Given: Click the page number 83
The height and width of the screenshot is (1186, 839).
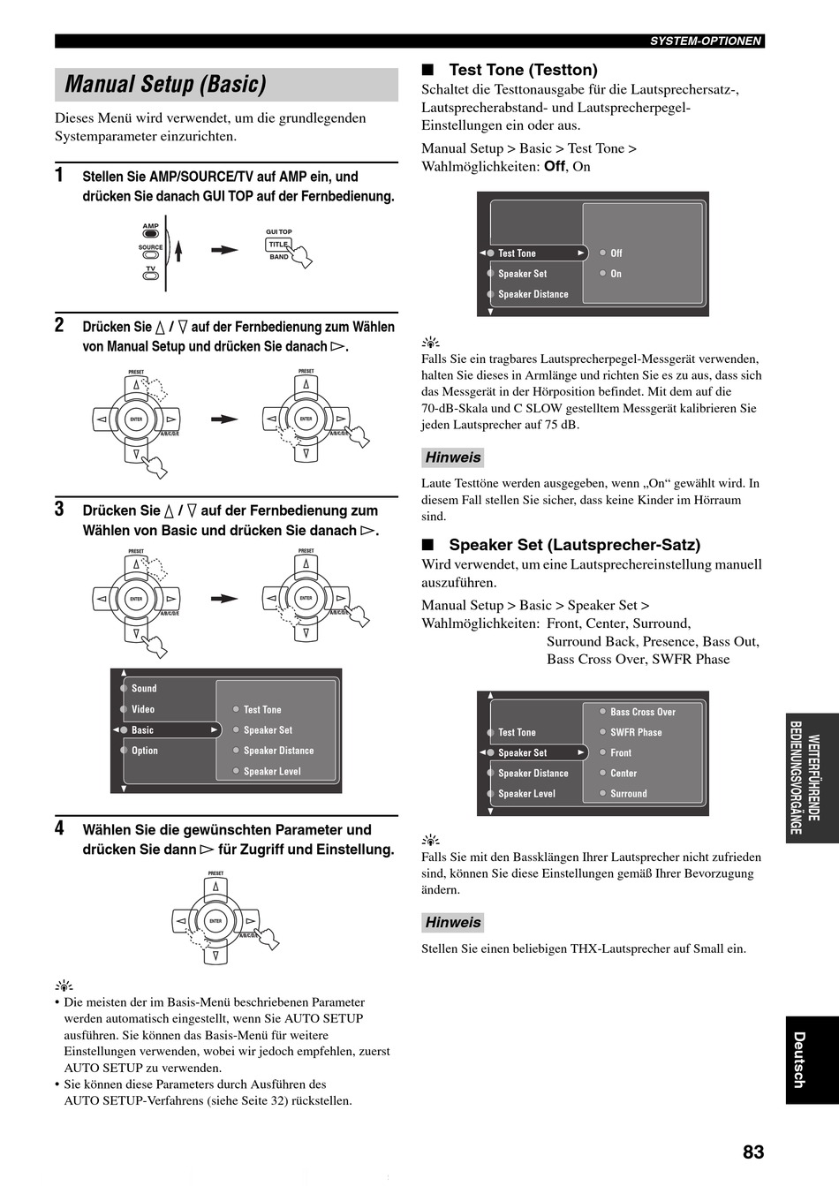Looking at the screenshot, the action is tap(753, 1152).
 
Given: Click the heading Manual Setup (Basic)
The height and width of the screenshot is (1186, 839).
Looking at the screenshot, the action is tap(165, 84).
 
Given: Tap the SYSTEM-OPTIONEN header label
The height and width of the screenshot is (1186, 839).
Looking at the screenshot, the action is tap(706, 42).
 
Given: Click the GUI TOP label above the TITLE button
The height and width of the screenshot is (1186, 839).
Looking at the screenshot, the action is tap(279, 232).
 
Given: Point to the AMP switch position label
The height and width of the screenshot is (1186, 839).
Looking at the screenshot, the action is tap(150, 226).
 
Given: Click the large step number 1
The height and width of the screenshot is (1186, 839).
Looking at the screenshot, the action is tap(59, 175).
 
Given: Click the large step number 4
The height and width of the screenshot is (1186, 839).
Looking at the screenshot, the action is tap(59, 828).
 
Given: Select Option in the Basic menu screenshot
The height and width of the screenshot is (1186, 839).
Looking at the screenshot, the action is tap(145, 751).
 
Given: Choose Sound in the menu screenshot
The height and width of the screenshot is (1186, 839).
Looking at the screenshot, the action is tap(144, 688).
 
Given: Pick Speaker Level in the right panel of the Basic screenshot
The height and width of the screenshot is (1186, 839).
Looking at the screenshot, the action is tap(272, 772).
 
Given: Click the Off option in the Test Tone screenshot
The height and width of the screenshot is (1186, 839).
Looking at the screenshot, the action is tap(616, 253).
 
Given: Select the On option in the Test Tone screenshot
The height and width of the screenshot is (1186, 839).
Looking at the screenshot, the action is tap(616, 274).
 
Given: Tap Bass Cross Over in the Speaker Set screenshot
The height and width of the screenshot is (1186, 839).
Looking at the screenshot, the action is tap(643, 712).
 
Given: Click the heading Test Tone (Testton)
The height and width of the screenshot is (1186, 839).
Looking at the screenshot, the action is tap(523, 70).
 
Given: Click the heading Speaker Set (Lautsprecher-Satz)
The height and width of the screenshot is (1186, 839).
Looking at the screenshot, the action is tap(574, 544).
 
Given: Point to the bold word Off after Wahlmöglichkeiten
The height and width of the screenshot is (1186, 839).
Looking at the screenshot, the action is tap(555, 166).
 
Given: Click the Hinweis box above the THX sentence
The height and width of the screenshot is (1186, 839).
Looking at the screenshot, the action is tap(453, 922).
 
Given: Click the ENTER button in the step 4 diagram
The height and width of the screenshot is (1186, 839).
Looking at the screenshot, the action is tap(215, 921).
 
